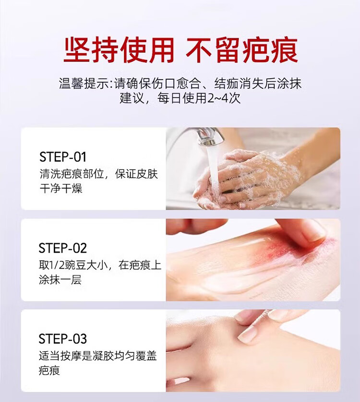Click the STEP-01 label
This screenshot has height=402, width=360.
coord(63,157)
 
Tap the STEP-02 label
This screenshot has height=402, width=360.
coord(63,248)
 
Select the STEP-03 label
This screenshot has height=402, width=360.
coord(63,339)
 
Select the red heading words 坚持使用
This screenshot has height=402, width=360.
coord(119,50)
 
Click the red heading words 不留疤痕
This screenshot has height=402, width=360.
coord(242,50)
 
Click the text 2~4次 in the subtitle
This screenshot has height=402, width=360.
coord(224,98)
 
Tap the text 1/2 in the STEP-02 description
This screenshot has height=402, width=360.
coord(57,265)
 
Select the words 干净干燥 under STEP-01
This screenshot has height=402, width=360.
coord(61,188)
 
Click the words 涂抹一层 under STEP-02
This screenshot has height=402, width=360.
coord(60,280)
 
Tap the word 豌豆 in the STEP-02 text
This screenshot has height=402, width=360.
coord(75,265)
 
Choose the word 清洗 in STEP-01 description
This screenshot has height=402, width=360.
coord(50,174)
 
